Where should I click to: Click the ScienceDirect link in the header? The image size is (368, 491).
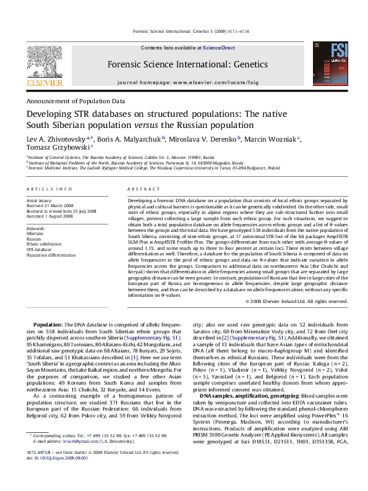click(219, 48)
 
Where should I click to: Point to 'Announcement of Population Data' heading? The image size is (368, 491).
click(75, 100)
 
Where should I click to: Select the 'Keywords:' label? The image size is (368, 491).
click(36, 228)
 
